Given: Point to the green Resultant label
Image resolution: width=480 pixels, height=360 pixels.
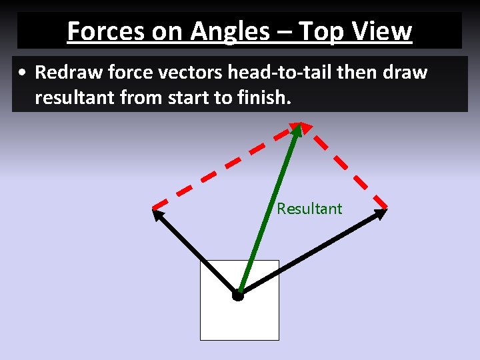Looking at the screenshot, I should [x=309, y=209].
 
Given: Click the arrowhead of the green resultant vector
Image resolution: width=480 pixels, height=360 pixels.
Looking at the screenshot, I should [x=297, y=129].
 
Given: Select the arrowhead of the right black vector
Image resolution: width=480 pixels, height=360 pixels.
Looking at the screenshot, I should [x=381, y=213].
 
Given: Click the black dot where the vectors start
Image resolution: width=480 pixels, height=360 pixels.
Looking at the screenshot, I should [x=238, y=295].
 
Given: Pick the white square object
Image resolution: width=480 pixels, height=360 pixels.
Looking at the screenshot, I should [x=220, y=320].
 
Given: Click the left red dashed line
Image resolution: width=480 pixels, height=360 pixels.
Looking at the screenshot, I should [x=223, y=166].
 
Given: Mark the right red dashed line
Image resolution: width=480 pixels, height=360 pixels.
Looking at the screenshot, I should [x=347, y=166].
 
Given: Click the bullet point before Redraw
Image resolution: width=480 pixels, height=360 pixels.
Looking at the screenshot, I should [x=23, y=73].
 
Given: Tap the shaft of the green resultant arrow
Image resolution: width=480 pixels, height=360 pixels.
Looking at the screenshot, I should [x=267, y=213].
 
